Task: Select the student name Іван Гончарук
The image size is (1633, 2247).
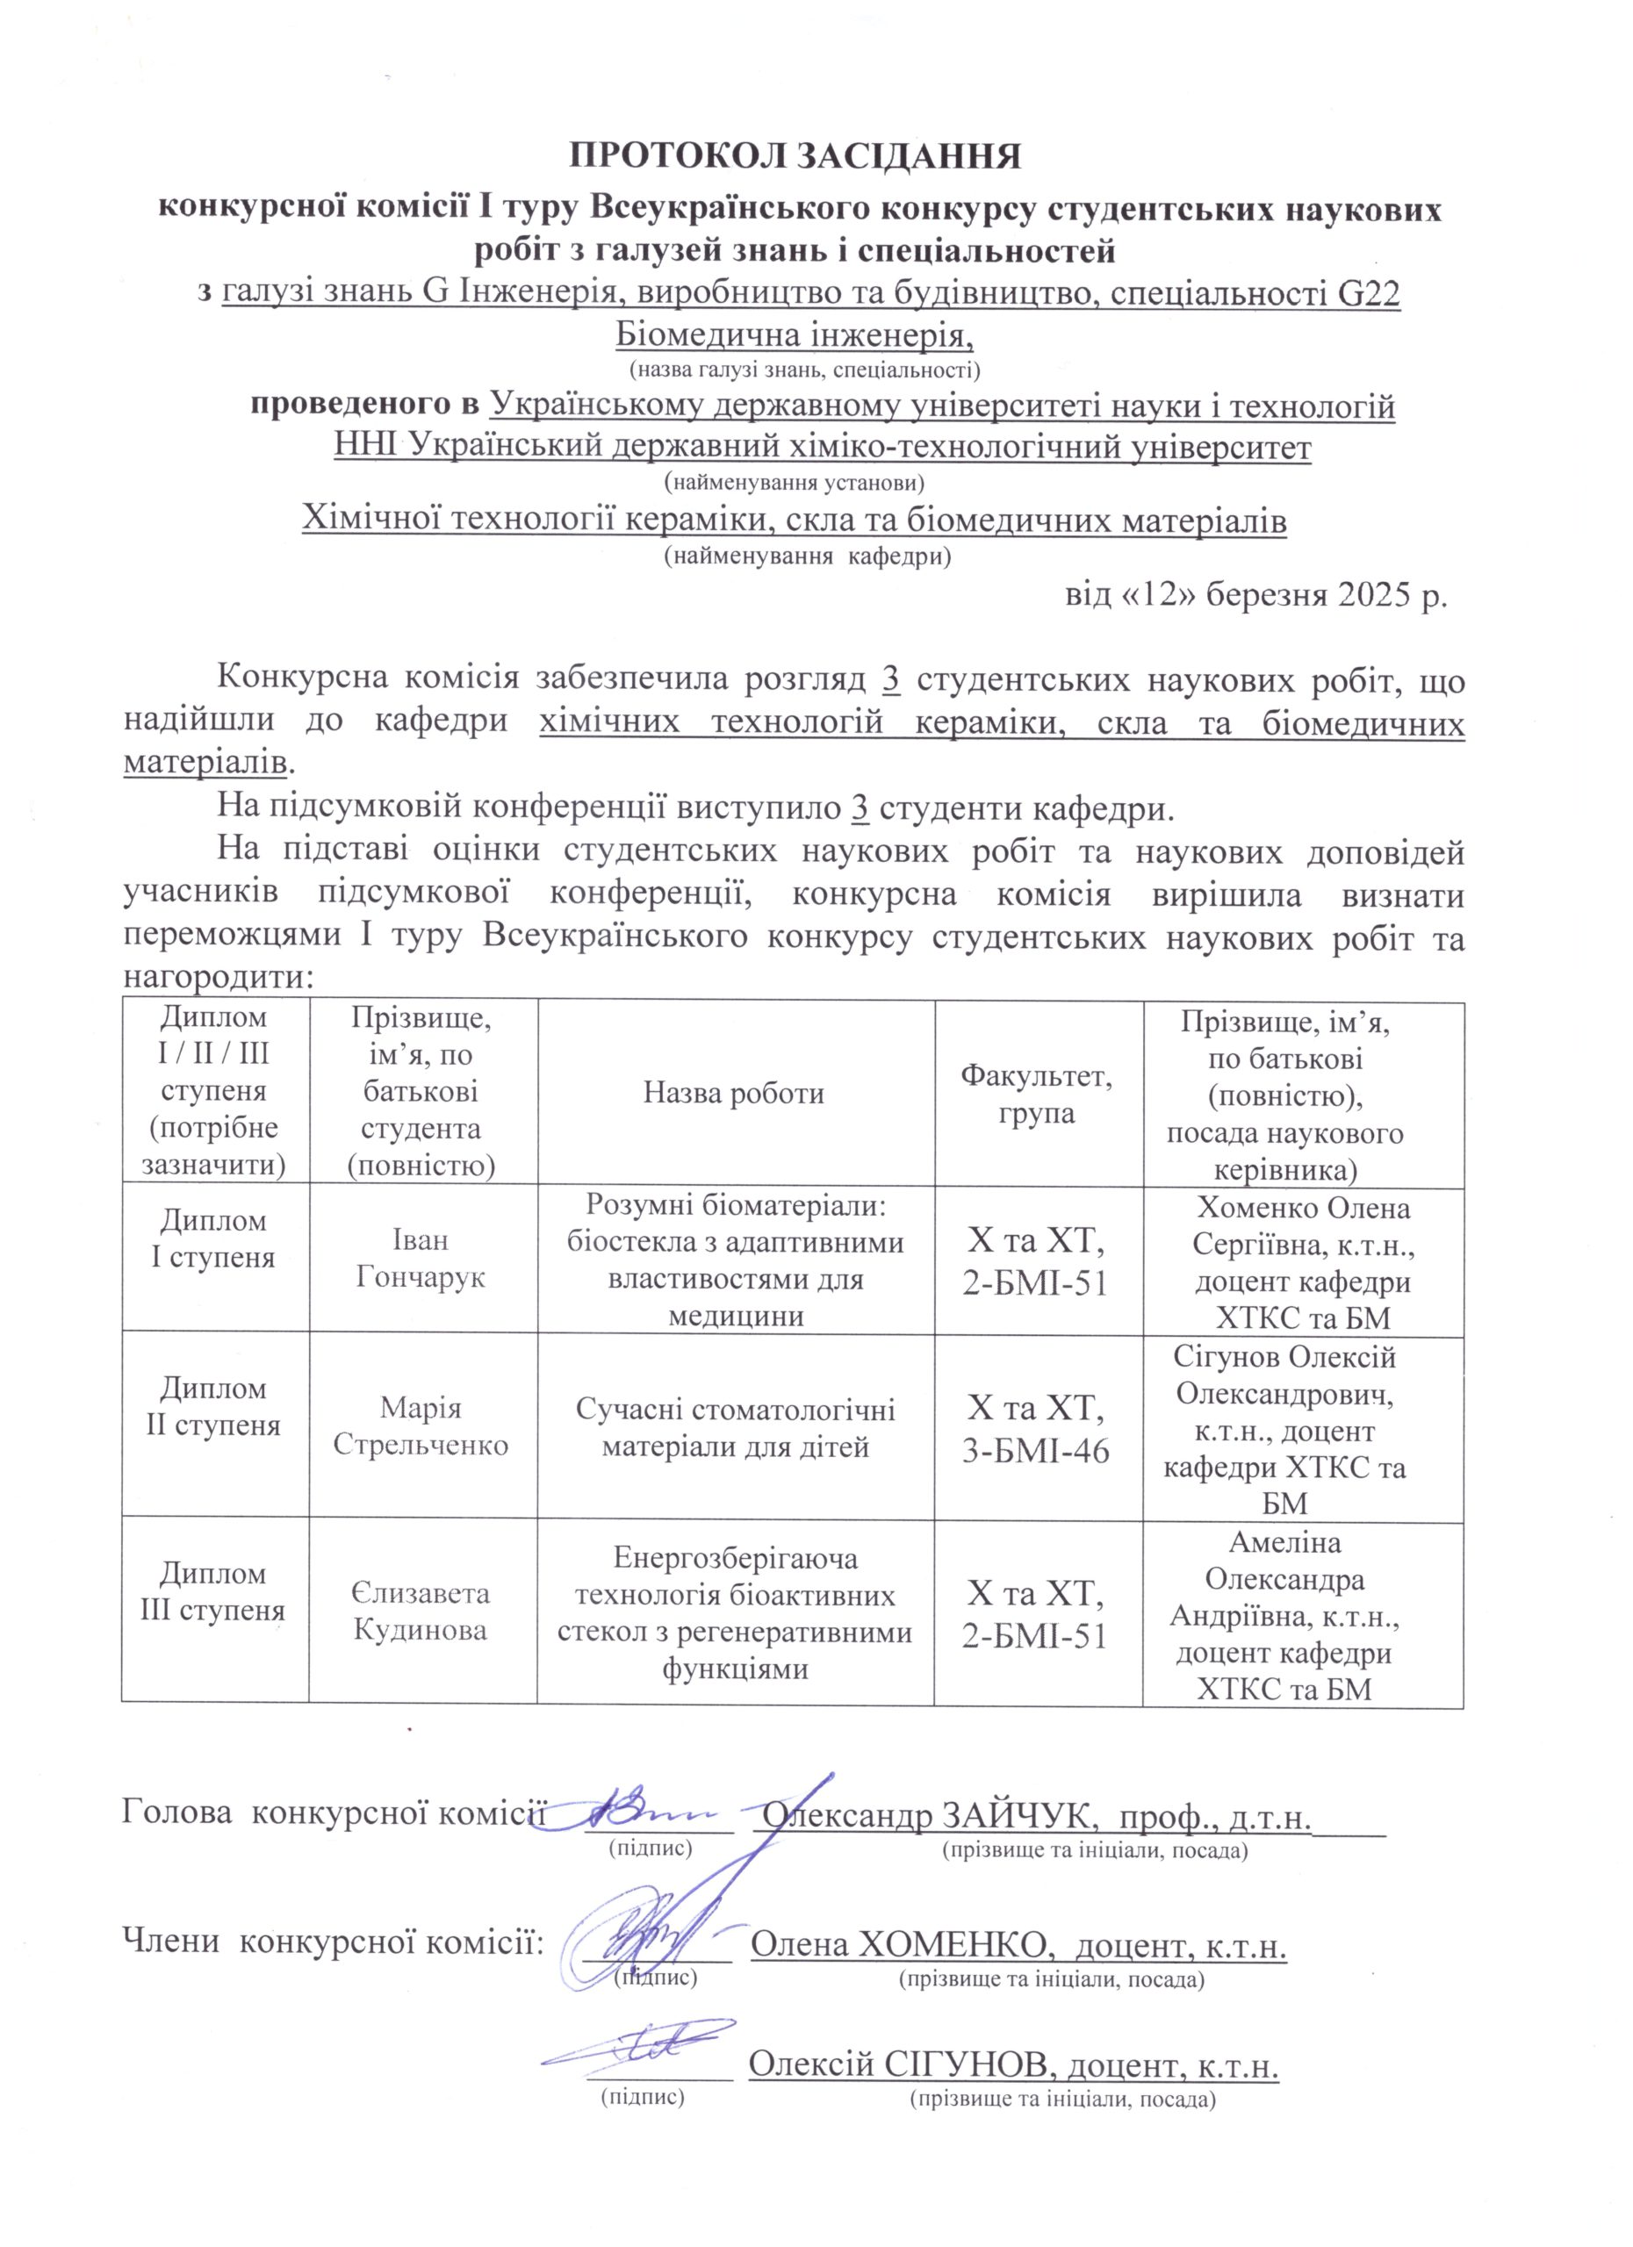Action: (x=421, y=1259)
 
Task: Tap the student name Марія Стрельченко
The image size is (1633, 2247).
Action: (x=421, y=1425)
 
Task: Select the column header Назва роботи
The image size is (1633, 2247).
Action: (x=734, y=1093)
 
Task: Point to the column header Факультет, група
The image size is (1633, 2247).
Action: (x=1037, y=1093)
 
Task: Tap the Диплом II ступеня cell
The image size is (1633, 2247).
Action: (x=213, y=1407)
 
